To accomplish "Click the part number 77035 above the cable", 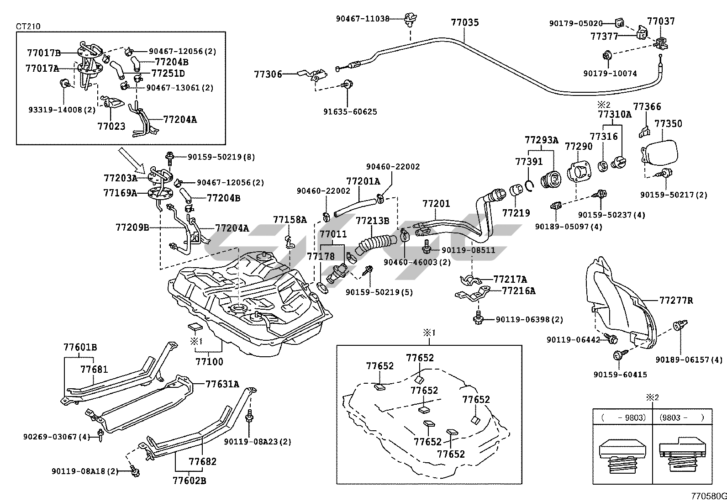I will (465, 22).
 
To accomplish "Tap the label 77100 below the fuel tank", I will (210, 362).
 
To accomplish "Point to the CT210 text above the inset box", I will (28, 26).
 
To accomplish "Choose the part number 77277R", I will (676, 301).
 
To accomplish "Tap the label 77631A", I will (222, 384).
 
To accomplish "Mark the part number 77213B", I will (372, 221).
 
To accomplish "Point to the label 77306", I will (268, 74).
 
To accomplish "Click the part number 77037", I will (661, 21).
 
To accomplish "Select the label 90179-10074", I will (610, 73).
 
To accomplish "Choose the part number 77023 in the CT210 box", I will (111, 126).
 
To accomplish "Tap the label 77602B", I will (189, 481).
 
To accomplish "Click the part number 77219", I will (516, 213).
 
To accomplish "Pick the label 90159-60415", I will (620, 375).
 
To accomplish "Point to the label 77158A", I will (290, 220).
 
